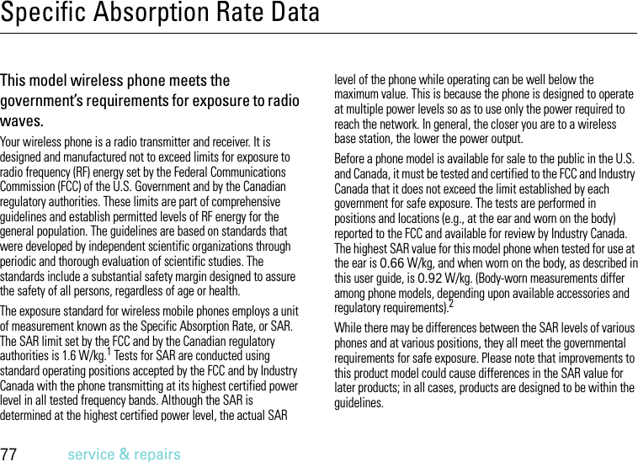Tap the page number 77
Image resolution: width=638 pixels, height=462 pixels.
coord(10,454)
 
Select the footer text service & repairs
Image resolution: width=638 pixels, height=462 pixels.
coord(124,454)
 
